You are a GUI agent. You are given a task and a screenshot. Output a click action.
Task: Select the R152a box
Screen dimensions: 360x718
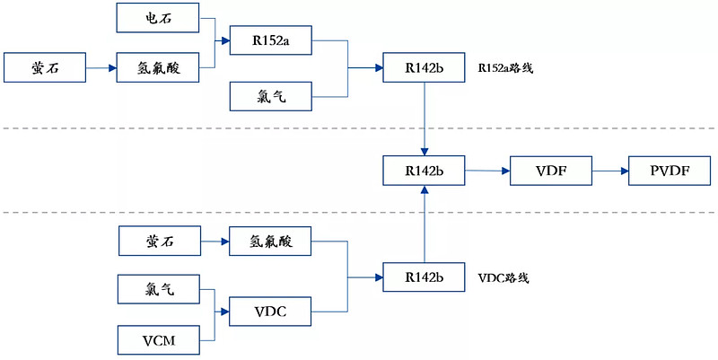[x=270, y=39]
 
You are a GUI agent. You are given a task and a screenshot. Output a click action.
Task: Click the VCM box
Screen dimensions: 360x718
[x=158, y=341]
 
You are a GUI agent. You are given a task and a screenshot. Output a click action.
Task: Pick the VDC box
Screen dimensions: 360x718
[x=270, y=312]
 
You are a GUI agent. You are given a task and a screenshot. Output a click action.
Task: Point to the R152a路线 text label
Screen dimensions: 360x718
[x=506, y=67]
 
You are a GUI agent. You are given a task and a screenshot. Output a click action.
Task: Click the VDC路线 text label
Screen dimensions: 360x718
[x=503, y=277]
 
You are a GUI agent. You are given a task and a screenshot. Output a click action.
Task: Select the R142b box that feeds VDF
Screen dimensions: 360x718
[x=424, y=171]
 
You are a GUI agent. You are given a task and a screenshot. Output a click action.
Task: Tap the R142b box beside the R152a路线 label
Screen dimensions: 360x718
[x=424, y=67]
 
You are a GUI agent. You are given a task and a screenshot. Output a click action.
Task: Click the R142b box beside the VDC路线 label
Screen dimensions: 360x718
[x=424, y=277]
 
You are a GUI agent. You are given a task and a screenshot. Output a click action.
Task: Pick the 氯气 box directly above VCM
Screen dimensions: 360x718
[x=158, y=290]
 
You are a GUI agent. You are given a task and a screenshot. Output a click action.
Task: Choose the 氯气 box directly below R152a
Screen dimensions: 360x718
[x=270, y=96]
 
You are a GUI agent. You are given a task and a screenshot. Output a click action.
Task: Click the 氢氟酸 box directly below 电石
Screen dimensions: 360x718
[x=158, y=67]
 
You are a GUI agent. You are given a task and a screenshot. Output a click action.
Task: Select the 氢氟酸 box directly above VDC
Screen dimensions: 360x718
[x=270, y=241]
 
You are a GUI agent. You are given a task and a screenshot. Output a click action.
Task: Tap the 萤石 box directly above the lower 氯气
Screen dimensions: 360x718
[x=158, y=241]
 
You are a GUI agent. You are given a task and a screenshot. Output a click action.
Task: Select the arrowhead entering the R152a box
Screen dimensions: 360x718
[x=223, y=40]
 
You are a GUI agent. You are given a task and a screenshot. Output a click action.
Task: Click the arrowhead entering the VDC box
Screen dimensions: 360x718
[x=223, y=312]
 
